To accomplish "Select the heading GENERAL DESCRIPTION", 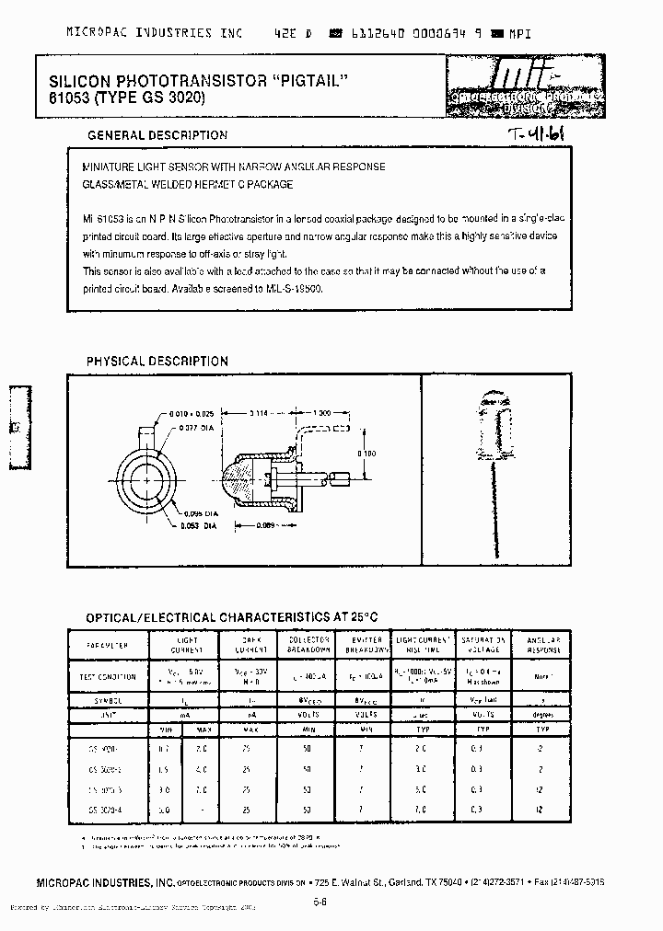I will pos(157,135).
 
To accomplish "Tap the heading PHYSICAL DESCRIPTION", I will pos(157,362).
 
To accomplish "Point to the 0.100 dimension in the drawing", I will pos(366,454).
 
